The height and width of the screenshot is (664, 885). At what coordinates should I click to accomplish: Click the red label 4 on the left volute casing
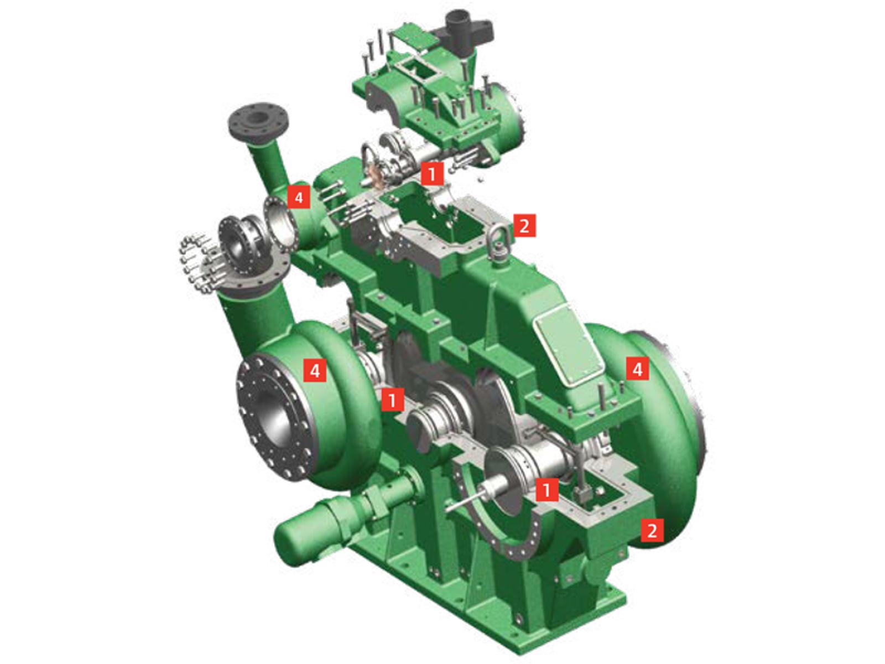coord(315,370)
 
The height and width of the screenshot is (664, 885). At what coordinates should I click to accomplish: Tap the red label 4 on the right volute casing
coord(637,369)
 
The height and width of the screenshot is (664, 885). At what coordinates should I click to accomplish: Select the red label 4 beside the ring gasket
coord(299,197)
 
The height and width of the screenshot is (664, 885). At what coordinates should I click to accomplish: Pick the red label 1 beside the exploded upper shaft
coord(431,174)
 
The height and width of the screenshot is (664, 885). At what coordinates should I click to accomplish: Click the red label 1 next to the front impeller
coord(546,489)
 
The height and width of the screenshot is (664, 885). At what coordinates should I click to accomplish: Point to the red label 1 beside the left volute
coord(392,399)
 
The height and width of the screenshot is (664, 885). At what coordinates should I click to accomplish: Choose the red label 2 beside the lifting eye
coord(524,225)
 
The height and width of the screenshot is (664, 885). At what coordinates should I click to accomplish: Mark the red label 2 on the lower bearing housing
coord(652,530)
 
